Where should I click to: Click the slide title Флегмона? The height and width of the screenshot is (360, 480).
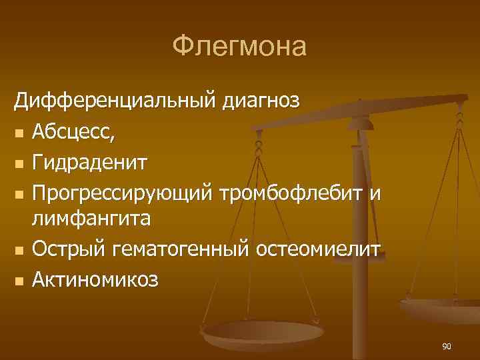[x=239, y=47]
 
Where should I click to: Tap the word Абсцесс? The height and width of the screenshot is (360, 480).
[x=73, y=133]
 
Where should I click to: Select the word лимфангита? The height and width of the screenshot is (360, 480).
[x=93, y=218]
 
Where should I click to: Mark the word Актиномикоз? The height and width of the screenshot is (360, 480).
[x=96, y=279]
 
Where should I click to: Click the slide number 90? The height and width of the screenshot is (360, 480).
[x=447, y=346]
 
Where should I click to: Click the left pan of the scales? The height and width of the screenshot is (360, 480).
[x=263, y=333]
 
